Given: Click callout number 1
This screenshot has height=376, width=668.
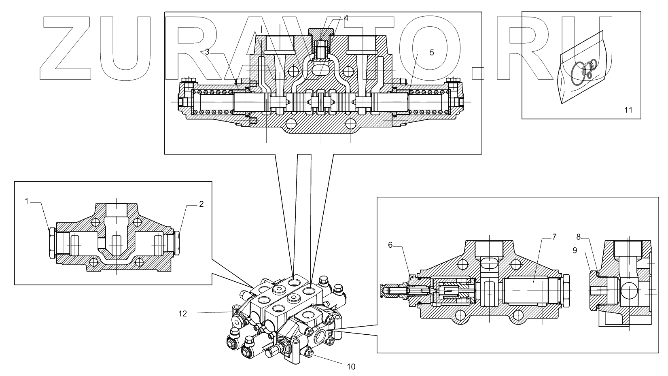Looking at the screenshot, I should point(27,201).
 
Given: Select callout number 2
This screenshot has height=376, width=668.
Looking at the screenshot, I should point(201,204).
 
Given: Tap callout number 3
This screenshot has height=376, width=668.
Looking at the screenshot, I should point(207,51).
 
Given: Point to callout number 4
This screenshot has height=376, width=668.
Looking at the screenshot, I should point(346,18).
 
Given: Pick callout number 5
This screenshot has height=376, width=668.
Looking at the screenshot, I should point(432,53).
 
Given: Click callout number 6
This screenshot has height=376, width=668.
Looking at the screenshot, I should point(390,245).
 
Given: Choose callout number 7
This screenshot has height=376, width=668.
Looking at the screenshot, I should point(554,237).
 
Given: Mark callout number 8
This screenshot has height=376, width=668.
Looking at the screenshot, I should point(579,237).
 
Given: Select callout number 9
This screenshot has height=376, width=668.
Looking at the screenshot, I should point(575,250).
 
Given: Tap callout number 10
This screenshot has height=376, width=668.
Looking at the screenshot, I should point(351,367).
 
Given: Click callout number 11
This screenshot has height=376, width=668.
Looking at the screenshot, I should point(628,110).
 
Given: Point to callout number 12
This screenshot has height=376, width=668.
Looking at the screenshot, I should point(183,313).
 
